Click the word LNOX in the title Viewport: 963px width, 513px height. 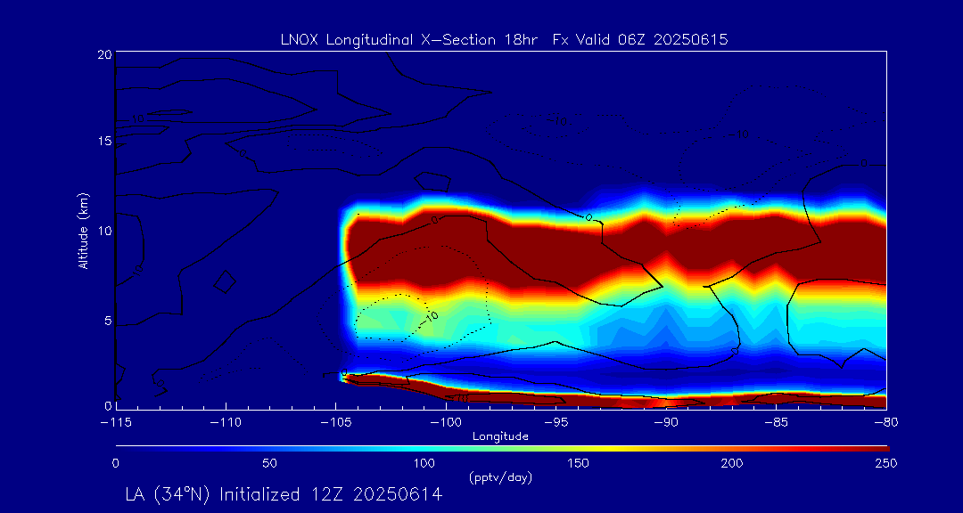point(296,39)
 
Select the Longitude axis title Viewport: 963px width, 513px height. point(500,436)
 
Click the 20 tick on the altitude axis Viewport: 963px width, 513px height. point(103,54)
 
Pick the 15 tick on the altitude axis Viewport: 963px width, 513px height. point(103,142)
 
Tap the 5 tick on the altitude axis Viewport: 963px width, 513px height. point(107,319)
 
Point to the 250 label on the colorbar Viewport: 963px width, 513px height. point(886,463)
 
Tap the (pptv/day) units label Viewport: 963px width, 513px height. point(500,477)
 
